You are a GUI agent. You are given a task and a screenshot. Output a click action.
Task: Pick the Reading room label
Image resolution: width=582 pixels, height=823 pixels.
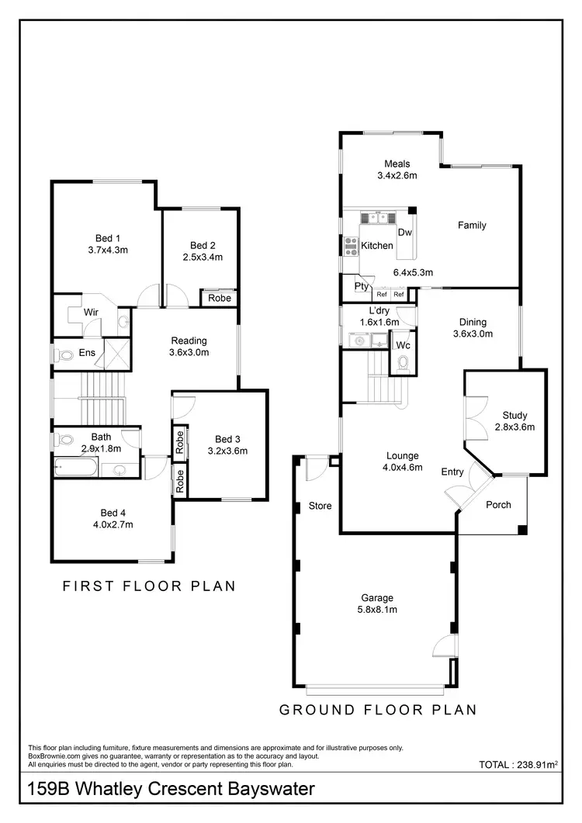(x=189, y=341)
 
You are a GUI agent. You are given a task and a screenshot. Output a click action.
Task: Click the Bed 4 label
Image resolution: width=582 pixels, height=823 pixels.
(x=113, y=513)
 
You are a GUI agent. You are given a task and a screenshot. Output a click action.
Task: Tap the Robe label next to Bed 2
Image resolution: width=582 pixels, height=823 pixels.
(x=218, y=297)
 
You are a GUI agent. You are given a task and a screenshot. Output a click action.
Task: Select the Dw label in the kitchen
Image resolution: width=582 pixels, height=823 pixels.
(x=404, y=233)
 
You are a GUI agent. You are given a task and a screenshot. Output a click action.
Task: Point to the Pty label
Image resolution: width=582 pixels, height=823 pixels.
(x=361, y=286)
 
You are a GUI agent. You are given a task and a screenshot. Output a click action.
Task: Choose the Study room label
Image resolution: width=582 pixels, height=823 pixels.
(x=514, y=415)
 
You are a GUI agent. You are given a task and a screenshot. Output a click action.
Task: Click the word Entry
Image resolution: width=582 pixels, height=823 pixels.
(x=452, y=472)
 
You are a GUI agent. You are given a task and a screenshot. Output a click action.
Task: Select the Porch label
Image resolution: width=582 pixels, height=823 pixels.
(x=498, y=505)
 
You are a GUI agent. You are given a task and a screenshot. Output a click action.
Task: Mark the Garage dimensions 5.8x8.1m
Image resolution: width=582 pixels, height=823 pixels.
(x=377, y=610)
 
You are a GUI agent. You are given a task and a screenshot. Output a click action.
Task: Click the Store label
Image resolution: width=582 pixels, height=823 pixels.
(x=320, y=506)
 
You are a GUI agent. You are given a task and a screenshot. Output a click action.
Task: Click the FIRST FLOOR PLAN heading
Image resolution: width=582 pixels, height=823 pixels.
(x=149, y=586)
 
